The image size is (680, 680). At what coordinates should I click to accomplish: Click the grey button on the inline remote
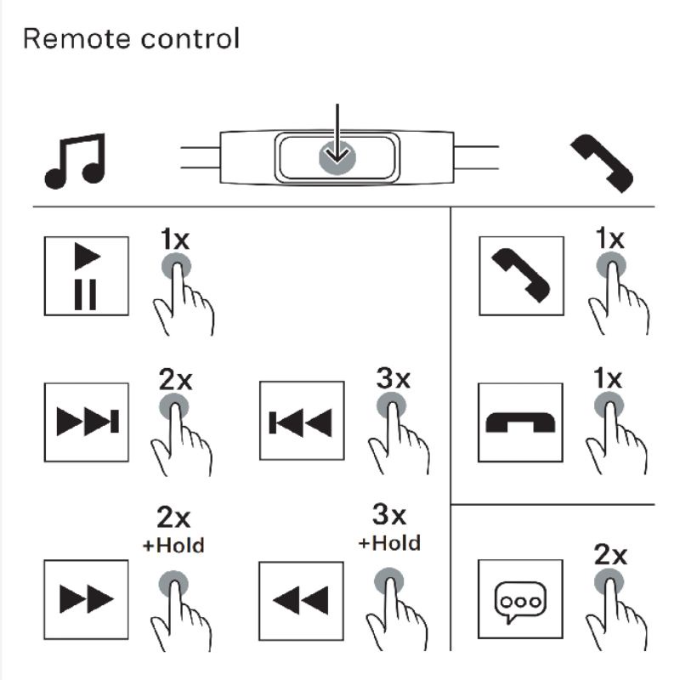337,156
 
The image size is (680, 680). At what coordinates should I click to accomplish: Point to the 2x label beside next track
176,380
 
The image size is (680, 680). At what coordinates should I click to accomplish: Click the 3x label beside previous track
392,378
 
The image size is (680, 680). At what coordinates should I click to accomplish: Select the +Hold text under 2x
174,545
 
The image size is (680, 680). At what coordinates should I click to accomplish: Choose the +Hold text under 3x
390,542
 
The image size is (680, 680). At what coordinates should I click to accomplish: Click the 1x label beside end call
608,378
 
